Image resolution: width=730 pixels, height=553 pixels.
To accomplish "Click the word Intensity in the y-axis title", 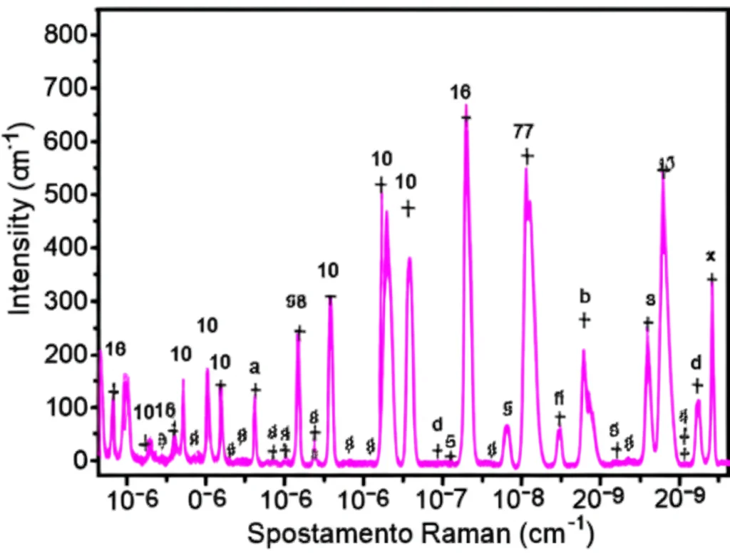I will tap(21, 255).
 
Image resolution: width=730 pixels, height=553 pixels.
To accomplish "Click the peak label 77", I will tap(523, 131).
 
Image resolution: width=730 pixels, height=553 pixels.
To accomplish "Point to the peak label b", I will tap(585, 296).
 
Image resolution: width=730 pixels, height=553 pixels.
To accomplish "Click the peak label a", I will tap(255, 367).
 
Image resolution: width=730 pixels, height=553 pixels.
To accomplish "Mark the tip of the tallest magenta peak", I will tap(466, 106).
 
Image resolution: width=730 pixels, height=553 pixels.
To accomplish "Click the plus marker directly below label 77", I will tap(528, 156).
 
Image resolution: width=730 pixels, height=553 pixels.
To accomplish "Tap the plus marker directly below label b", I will tap(585, 320).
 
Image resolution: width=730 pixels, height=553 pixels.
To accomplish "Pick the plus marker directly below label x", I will tap(711, 278).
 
